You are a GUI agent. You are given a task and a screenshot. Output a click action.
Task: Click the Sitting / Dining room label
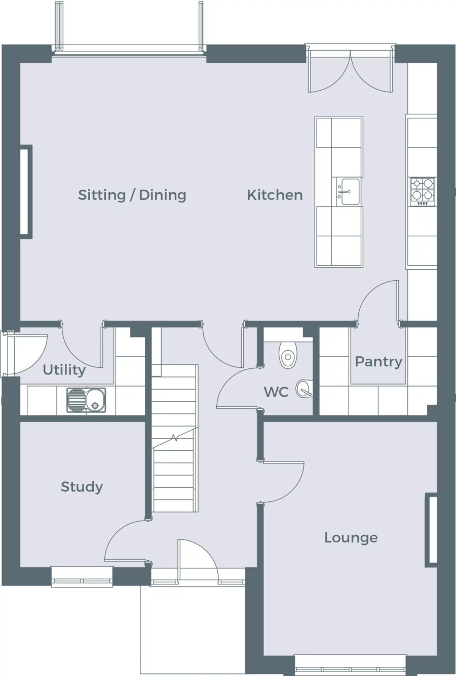click(x=132, y=195)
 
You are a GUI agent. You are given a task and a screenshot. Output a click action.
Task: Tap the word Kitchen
click(x=275, y=195)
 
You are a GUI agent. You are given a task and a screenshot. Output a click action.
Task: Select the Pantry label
click(x=378, y=361)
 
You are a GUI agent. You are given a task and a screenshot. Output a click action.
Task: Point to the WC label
click(x=276, y=392)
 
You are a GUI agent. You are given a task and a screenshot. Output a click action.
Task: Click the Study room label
click(x=82, y=487)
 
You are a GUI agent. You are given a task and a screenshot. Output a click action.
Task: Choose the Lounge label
click(x=351, y=537)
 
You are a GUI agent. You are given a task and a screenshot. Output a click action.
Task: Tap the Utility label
click(x=64, y=370)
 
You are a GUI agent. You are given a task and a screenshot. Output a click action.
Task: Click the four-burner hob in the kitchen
click(x=422, y=191)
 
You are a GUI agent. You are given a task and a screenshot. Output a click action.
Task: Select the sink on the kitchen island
click(x=349, y=192)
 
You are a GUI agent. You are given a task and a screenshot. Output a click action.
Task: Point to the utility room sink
click(x=86, y=400)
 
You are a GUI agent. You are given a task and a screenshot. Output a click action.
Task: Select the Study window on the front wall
click(x=82, y=576)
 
